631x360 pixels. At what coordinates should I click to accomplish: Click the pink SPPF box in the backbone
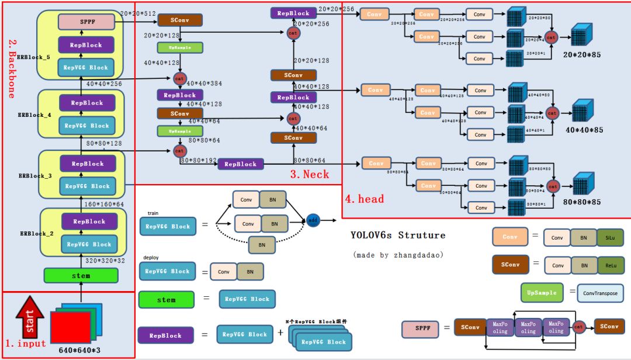(86, 22)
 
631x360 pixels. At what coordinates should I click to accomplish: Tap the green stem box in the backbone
(81, 275)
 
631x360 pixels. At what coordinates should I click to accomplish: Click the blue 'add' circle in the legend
(313, 220)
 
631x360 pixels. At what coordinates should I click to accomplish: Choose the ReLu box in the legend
(609, 265)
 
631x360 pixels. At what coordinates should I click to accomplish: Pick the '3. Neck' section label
(310, 174)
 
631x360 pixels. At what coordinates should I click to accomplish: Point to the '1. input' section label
(26, 343)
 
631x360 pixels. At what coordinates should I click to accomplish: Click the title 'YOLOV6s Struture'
(398, 236)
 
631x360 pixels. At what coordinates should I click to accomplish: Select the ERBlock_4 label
(34, 116)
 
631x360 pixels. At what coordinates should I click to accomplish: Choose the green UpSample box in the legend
(542, 293)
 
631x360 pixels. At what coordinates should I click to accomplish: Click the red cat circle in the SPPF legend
(579, 327)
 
